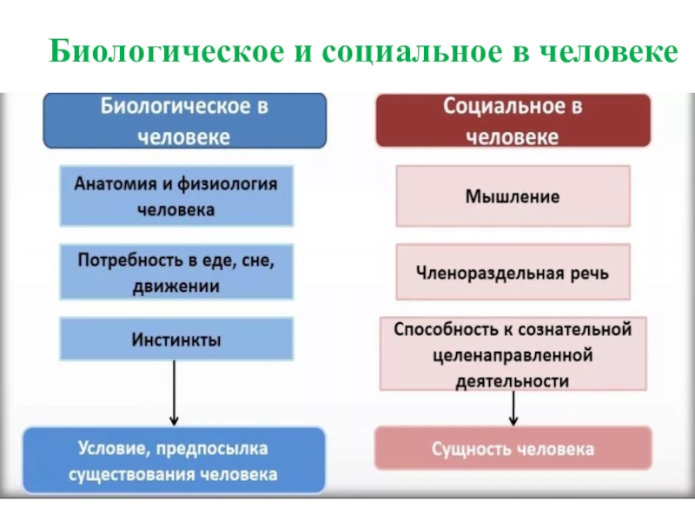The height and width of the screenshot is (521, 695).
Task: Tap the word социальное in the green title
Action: click(x=399, y=51)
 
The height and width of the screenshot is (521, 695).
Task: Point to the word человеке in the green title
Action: click(x=599, y=51)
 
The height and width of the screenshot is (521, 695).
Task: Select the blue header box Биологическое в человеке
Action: click(x=186, y=121)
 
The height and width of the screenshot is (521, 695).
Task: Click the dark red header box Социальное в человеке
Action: click(x=513, y=121)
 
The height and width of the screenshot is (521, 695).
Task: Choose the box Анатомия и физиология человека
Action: click(x=175, y=196)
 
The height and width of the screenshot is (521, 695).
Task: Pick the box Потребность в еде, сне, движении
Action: click(x=175, y=272)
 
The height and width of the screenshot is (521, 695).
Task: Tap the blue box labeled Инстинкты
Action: click(x=175, y=339)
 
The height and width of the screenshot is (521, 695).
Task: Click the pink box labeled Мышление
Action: click(x=513, y=196)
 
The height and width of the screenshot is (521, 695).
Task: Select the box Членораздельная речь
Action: click(x=513, y=272)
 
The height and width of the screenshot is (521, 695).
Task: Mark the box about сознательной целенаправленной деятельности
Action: click(x=513, y=354)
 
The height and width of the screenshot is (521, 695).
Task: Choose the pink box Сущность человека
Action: click(x=513, y=449)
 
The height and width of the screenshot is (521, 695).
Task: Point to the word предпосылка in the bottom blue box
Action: click(x=214, y=449)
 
